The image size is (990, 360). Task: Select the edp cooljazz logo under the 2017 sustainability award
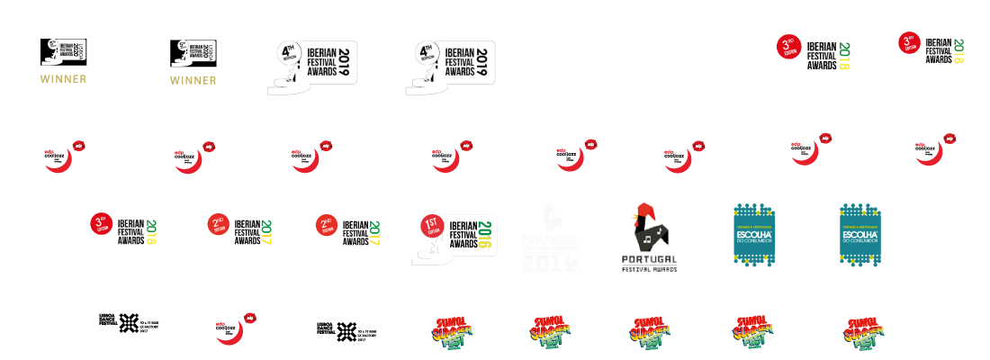pos(230,326)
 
